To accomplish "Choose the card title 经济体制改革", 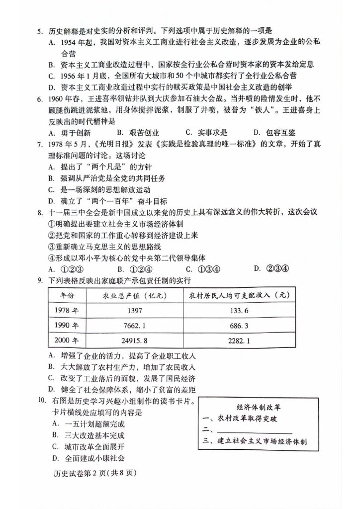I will [253, 405].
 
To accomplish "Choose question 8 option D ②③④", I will [270, 269].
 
